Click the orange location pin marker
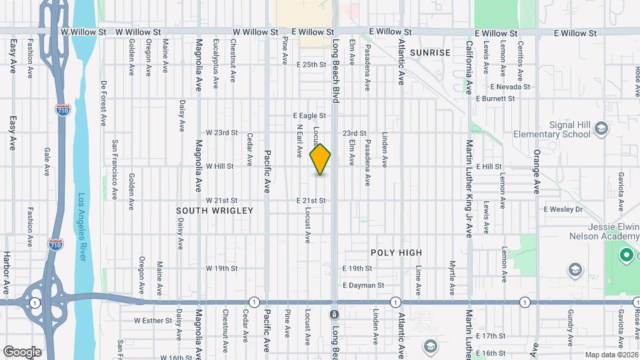coord(321,159)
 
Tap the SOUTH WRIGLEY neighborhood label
coord(215,211)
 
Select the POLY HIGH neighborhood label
coord(397,253)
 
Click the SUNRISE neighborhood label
coord(426,52)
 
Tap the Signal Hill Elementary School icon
coord(601,128)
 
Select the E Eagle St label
coord(311,115)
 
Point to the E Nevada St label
coord(510,87)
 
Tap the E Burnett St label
coord(495,99)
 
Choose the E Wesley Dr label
coord(563,209)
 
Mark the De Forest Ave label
coord(104,104)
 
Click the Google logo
coord(22,351)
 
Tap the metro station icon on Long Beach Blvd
coord(334,313)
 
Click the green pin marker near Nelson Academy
coord(626,255)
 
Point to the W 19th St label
coord(221,269)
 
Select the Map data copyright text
coord(611,355)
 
